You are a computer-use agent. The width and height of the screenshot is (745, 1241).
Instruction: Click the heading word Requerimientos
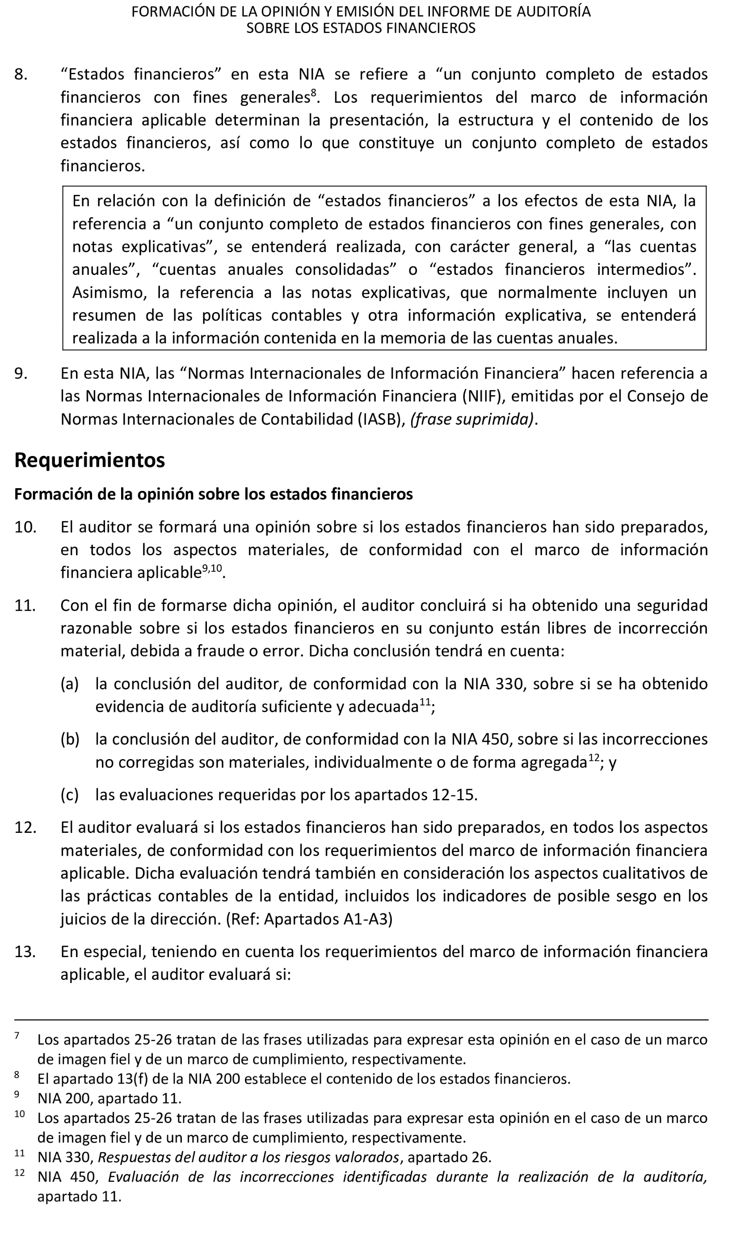click(x=89, y=460)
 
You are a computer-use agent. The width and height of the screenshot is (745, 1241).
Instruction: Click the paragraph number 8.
click(x=21, y=74)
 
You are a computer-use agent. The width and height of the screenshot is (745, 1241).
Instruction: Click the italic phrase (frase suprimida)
click(x=472, y=419)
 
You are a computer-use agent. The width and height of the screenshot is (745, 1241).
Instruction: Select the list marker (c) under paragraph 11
click(x=70, y=795)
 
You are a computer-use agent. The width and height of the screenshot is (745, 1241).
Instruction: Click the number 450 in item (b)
click(x=497, y=739)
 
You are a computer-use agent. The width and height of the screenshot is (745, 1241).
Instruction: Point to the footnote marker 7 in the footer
click(x=17, y=1035)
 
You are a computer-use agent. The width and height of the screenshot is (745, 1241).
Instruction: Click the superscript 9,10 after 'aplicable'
click(x=212, y=569)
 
